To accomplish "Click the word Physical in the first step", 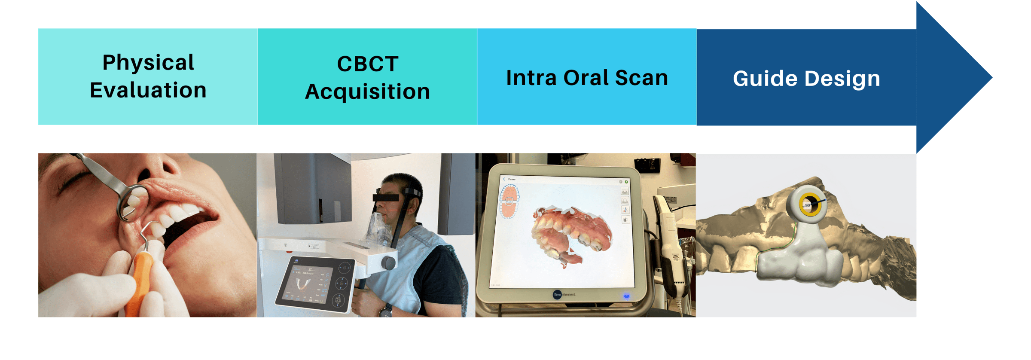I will [148, 63].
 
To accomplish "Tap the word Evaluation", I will [148, 90].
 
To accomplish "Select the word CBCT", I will [367, 64].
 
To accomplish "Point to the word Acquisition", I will [367, 92].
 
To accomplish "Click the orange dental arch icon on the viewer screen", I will [509, 201].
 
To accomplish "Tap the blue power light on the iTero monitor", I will [626, 296].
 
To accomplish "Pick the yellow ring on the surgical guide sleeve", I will [810, 205].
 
